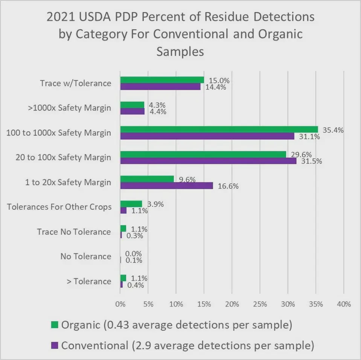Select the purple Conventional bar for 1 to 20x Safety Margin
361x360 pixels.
(166, 186)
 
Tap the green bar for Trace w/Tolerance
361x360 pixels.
(162, 80)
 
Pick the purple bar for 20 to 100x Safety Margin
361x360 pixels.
(208, 161)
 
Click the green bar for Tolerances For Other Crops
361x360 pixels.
(131, 204)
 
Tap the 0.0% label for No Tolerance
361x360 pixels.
(133, 254)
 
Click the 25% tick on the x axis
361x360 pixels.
(260, 304)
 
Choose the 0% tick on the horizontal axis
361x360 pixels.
(120, 304)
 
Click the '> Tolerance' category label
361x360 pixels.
(89, 281)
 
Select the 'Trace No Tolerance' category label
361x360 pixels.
(74, 232)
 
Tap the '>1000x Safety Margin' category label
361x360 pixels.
(70, 108)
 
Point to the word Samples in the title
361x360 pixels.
(180, 51)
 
